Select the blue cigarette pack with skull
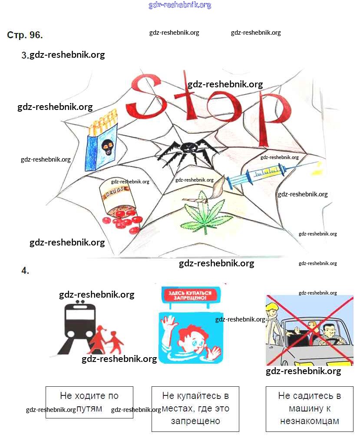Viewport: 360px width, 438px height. click(x=103, y=146)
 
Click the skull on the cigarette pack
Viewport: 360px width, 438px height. click(x=107, y=147)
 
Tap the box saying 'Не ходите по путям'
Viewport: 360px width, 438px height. click(x=89, y=402)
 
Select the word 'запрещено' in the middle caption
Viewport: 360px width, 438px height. click(x=195, y=421)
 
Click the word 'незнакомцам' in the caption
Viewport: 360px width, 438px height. click(x=309, y=421)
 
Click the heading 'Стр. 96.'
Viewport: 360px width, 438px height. click(x=25, y=35)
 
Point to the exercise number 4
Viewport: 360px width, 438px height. click(x=25, y=271)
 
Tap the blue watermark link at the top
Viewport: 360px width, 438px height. click(x=180, y=5)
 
